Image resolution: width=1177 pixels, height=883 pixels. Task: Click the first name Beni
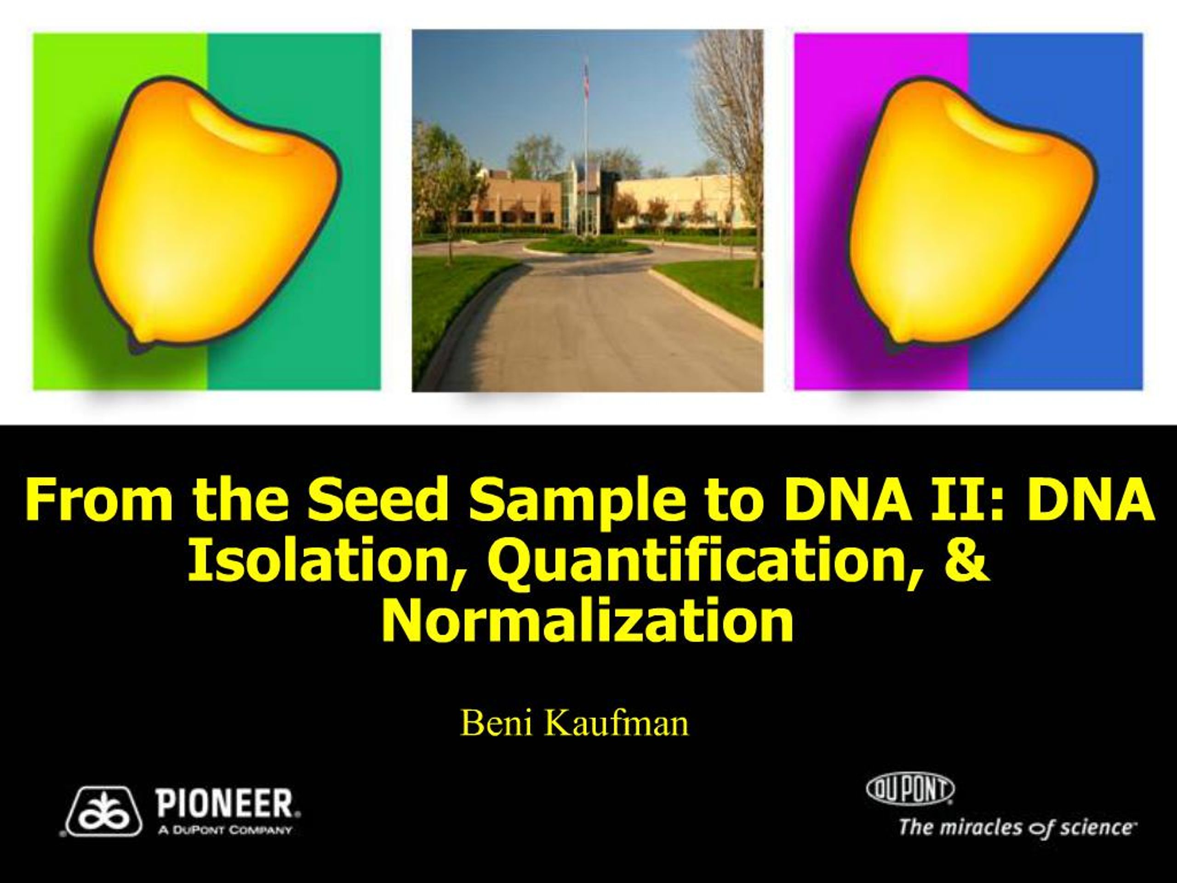tap(496, 723)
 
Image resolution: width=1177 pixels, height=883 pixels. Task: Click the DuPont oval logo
tap(910, 788)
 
